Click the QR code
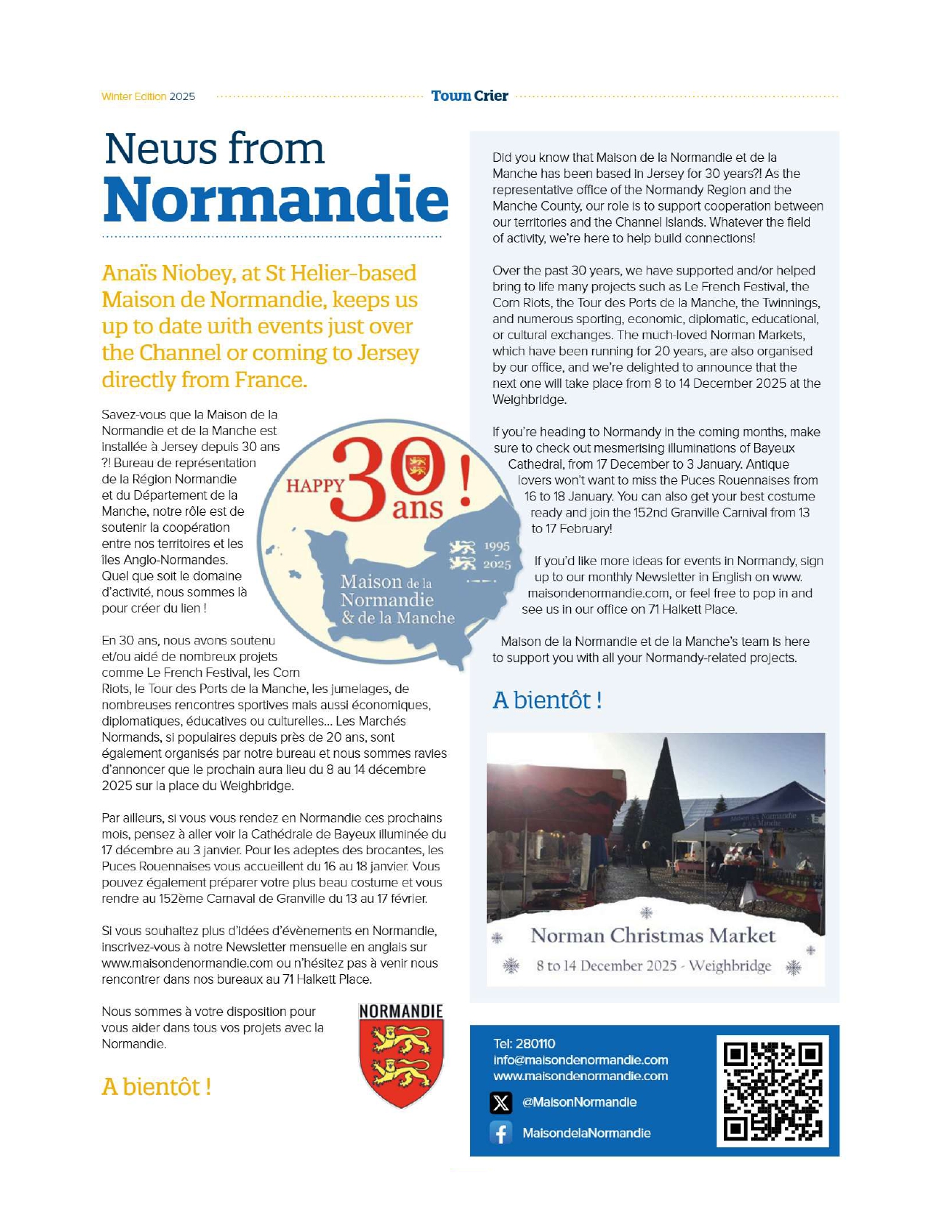click(772, 1091)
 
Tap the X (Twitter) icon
click(501, 1102)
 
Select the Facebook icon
click(501, 1133)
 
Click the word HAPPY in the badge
click(315, 486)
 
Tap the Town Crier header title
click(469, 96)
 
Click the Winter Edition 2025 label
click(149, 96)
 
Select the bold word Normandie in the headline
click(276, 199)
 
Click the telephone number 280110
click(535, 1043)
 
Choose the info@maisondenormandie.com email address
click(580, 1059)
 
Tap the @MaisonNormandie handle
click(579, 1102)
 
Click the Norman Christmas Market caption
click(653, 935)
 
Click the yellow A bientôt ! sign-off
click(157, 1086)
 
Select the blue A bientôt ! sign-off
click(547, 700)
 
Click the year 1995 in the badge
click(497, 547)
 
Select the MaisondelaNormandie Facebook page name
click(586, 1133)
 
